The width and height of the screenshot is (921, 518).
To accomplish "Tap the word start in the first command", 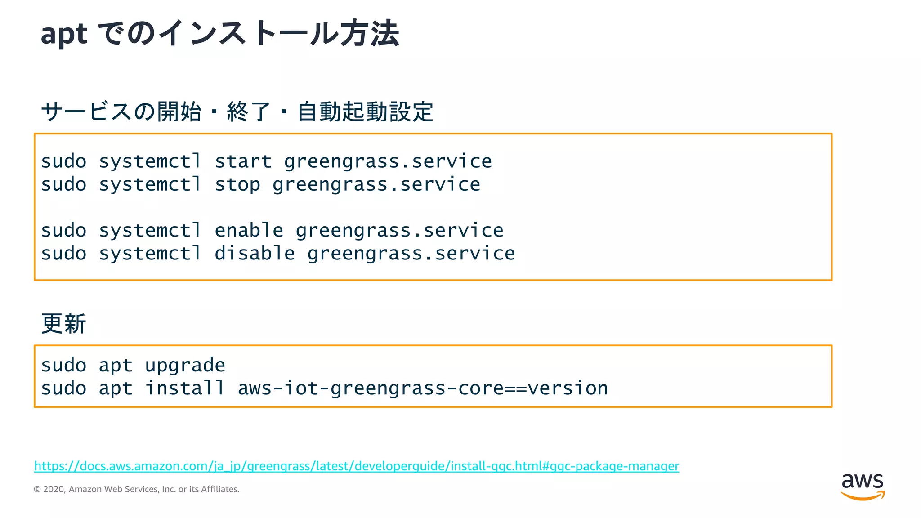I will [243, 161].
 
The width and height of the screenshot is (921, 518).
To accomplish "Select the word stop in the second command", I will [237, 185].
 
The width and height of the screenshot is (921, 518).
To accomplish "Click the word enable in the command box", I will [249, 231].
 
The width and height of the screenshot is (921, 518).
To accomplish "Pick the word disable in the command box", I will [255, 254].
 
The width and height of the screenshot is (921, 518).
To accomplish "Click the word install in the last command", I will [185, 388].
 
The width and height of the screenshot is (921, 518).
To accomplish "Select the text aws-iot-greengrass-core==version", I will [423, 388].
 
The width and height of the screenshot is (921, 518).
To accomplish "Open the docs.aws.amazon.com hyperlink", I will [356, 466].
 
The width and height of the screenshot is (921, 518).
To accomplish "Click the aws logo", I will [862, 486].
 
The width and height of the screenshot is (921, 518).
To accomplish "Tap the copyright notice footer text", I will [136, 489].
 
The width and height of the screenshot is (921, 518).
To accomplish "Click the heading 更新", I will [63, 324].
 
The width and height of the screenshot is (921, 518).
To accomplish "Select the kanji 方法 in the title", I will [369, 34].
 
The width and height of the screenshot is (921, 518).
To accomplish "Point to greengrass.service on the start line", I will [388, 161].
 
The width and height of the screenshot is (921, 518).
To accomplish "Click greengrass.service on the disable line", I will [411, 254].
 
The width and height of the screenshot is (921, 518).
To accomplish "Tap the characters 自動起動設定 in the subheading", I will [365, 112].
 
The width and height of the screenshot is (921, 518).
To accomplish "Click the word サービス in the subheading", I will [86, 112].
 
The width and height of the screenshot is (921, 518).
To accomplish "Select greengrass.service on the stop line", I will [376, 185].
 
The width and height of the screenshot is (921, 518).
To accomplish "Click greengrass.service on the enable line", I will [399, 231].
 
